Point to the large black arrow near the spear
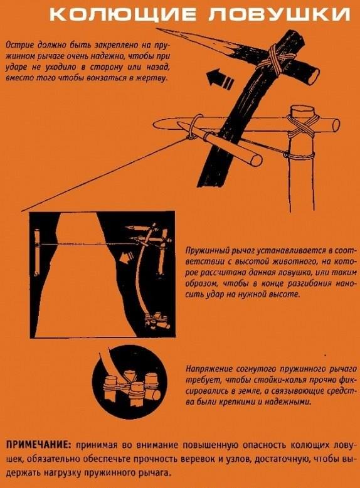(220, 78)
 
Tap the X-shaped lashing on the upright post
(302, 125)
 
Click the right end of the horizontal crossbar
(336, 124)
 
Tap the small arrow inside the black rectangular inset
(127, 257)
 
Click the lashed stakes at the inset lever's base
(157, 324)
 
